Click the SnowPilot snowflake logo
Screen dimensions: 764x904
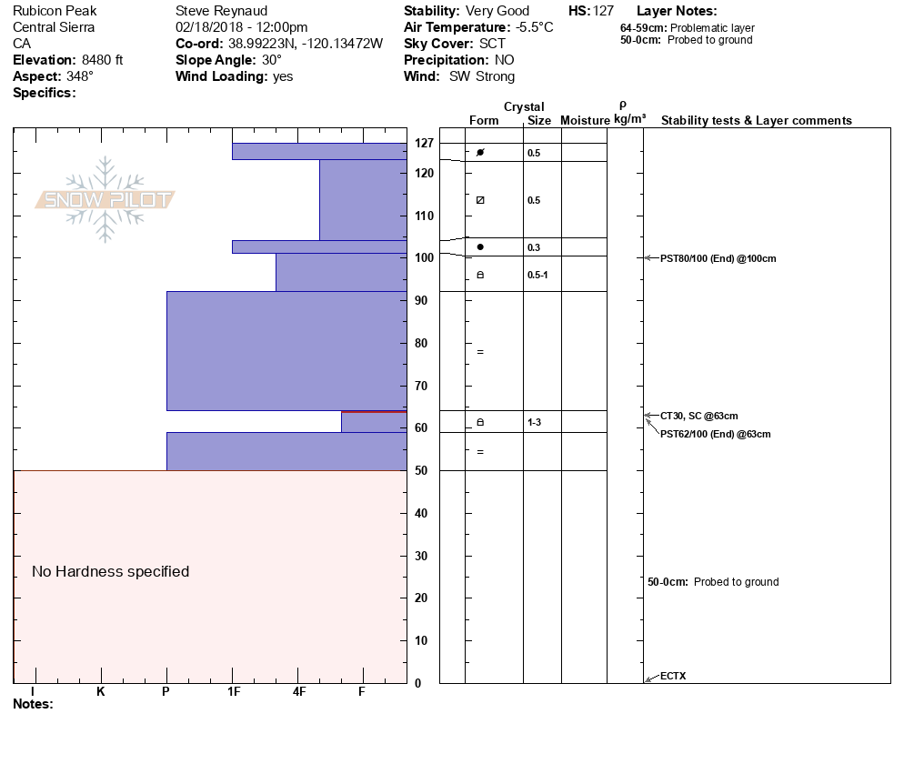pos(105,199)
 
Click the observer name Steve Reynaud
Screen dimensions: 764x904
pos(221,11)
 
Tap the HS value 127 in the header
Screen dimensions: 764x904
pos(603,11)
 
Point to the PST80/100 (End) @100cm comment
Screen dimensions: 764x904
pos(718,258)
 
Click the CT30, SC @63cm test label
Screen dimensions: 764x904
pos(698,416)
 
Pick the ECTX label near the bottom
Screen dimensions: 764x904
pos(673,676)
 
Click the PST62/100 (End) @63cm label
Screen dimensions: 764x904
pos(715,434)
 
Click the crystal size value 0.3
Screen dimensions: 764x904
pos(533,247)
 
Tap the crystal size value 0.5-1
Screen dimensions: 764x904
pos(537,275)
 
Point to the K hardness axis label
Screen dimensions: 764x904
pos(100,691)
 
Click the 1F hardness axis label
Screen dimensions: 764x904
pos(234,691)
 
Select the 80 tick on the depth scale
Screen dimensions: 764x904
pos(422,343)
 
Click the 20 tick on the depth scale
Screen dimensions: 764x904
pos(422,598)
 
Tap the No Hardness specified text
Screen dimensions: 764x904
pos(111,571)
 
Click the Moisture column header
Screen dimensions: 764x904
pos(585,121)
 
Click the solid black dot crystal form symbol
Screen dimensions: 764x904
pos(480,246)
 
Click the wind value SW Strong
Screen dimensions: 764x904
pos(482,76)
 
